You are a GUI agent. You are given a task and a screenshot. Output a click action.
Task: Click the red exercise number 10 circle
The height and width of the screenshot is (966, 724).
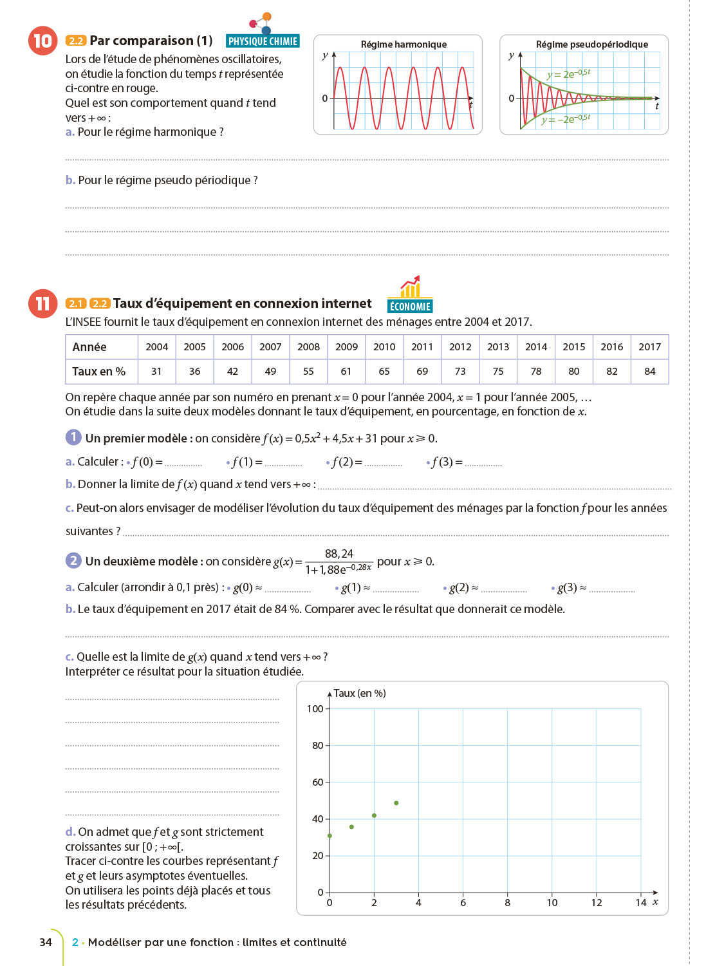click(42, 41)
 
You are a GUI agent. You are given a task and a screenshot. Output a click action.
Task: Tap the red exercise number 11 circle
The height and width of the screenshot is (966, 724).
click(42, 303)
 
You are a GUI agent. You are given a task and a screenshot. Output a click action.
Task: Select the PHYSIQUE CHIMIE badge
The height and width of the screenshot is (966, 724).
click(263, 41)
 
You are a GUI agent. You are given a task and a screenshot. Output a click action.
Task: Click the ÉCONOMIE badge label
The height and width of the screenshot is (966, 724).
click(410, 307)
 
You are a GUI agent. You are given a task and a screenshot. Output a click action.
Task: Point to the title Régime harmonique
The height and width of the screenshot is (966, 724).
click(404, 44)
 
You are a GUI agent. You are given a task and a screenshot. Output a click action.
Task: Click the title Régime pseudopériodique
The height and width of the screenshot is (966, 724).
click(591, 44)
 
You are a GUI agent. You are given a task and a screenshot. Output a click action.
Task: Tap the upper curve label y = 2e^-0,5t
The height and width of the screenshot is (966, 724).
click(568, 74)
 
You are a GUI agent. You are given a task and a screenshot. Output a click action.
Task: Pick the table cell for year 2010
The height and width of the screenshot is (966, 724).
click(384, 346)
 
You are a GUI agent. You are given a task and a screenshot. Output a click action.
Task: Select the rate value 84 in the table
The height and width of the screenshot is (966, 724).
click(649, 371)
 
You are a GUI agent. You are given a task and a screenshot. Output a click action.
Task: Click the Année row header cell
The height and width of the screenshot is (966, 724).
click(102, 346)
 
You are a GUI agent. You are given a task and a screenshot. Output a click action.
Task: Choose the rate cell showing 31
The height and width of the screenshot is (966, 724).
click(156, 371)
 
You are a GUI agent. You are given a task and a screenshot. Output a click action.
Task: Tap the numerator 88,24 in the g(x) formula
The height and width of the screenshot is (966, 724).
click(339, 554)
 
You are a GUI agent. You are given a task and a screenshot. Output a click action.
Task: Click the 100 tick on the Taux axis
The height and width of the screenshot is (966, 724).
click(315, 709)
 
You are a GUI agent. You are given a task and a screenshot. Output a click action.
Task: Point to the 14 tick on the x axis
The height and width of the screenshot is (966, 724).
click(640, 903)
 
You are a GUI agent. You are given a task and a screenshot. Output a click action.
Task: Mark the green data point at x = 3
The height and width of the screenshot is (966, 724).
click(396, 803)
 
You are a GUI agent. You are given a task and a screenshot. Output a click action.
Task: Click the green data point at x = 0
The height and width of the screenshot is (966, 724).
click(330, 836)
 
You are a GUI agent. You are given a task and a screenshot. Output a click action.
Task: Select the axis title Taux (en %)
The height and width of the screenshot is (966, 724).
click(359, 694)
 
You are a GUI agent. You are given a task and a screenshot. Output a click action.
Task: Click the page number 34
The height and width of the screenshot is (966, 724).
click(46, 942)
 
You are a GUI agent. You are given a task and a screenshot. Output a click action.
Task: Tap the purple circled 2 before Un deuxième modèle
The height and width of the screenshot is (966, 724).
click(73, 561)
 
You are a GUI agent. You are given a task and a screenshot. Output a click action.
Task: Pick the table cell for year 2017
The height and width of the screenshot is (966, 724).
click(649, 346)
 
